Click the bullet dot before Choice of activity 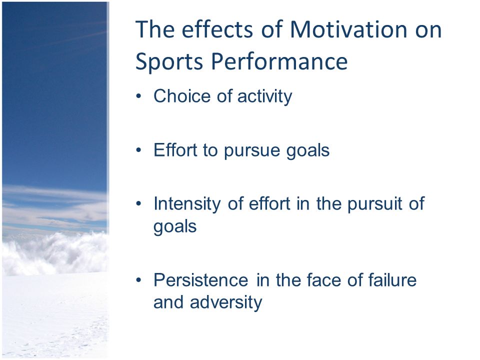tap(139, 96)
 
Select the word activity tap(265, 96)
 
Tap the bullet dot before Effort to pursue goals tap(139, 150)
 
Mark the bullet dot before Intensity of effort tap(139, 203)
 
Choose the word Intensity tap(187, 204)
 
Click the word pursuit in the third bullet tap(375, 204)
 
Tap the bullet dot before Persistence tap(139, 280)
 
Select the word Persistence tap(201, 280)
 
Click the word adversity tap(226, 302)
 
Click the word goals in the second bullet tap(307, 151)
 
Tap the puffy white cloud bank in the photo tap(55, 252)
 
